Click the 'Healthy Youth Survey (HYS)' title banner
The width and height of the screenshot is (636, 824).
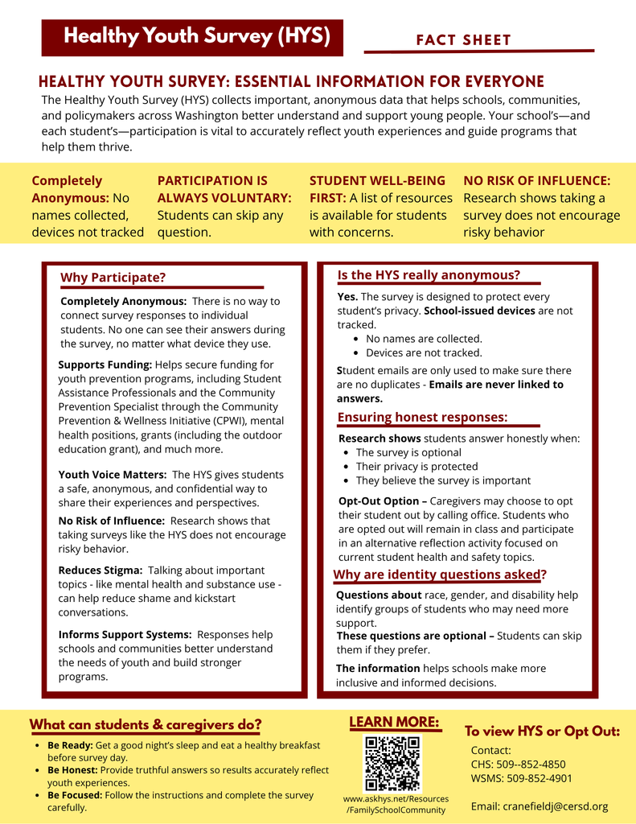(x=193, y=37)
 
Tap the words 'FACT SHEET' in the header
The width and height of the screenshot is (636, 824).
(x=463, y=40)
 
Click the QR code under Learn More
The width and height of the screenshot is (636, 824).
(x=392, y=764)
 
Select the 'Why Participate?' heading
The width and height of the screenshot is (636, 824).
(x=113, y=278)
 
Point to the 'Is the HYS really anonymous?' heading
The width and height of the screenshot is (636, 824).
(x=429, y=275)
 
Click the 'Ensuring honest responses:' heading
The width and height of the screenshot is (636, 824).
(x=422, y=417)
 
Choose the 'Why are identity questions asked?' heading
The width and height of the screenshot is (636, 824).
(x=440, y=575)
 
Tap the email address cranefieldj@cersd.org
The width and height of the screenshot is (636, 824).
(x=539, y=806)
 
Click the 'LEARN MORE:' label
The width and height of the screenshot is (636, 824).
(x=394, y=722)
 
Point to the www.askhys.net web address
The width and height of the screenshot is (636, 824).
(x=396, y=799)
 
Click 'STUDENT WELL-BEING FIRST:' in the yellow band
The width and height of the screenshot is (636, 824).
(x=376, y=189)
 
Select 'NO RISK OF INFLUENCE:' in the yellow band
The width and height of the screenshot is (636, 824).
(x=536, y=181)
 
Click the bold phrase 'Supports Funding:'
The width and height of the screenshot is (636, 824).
(x=105, y=365)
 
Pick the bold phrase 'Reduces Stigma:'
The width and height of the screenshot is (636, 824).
(x=101, y=570)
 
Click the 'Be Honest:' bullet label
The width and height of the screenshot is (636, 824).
(x=72, y=770)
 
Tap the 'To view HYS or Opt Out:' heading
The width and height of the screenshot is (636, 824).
(x=542, y=731)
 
